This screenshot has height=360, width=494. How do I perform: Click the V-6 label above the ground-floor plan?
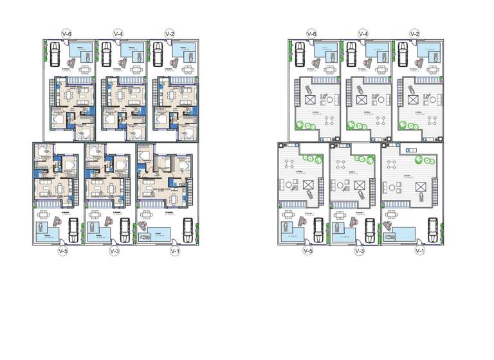(x=66, y=33)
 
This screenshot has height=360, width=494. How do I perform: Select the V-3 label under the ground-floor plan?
(x=113, y=250)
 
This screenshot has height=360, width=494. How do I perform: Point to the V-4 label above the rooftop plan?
(x=363, y=33)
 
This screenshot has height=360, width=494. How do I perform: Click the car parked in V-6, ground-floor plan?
(x=55, y=53)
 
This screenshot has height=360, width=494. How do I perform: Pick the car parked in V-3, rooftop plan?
(x=369, y=228)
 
